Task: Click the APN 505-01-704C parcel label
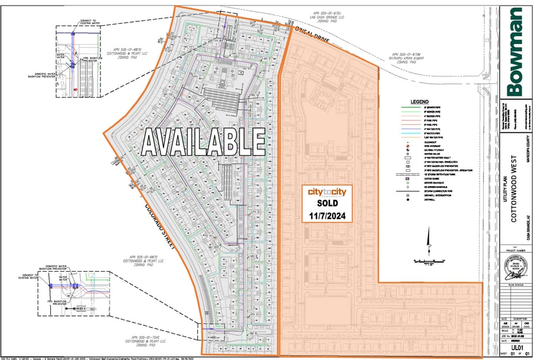(x=151, y=337)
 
